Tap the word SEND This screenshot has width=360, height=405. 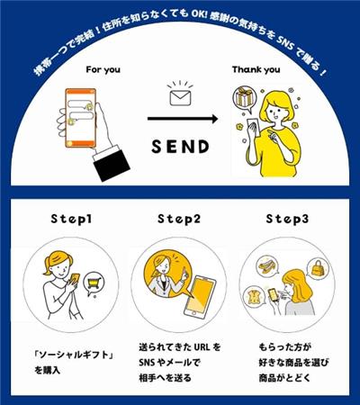pyautogui.click(x=180, y=147)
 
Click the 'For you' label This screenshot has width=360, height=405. pyautogui.click(x=103, y=70)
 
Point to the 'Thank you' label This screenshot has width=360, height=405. pyautogui.click(x=256, y=70)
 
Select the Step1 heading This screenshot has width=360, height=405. pyautogui.click(x=71, y=219)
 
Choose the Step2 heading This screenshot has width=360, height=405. pyautogui.click(x=179, y=219)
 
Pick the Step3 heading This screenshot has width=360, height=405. pyautogui.click(x=287, y=219)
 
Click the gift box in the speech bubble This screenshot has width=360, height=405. pyautogui.click(x=244, y=97)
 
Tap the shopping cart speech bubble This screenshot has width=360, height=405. pyautogui.click(x=94, y=283)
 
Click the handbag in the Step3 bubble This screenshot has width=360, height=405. pyautogui.click(x=318, y=268)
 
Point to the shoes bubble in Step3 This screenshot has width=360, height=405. pyautogui.click(x=267, y=265)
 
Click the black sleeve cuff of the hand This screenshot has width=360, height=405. pyautogui.click(x=112, y=162)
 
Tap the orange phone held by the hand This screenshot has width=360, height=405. pyautogui.click(x=81, y=118)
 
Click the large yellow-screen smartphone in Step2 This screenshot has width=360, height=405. pyautogui.click(x=199, y=297)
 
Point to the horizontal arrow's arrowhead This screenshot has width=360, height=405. pyautogui.click(x=214, y=119)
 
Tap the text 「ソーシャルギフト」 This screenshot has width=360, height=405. pyautogui.click(x=74, y=355)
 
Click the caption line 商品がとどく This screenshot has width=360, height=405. pyautogui.click(x=284, y=378)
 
